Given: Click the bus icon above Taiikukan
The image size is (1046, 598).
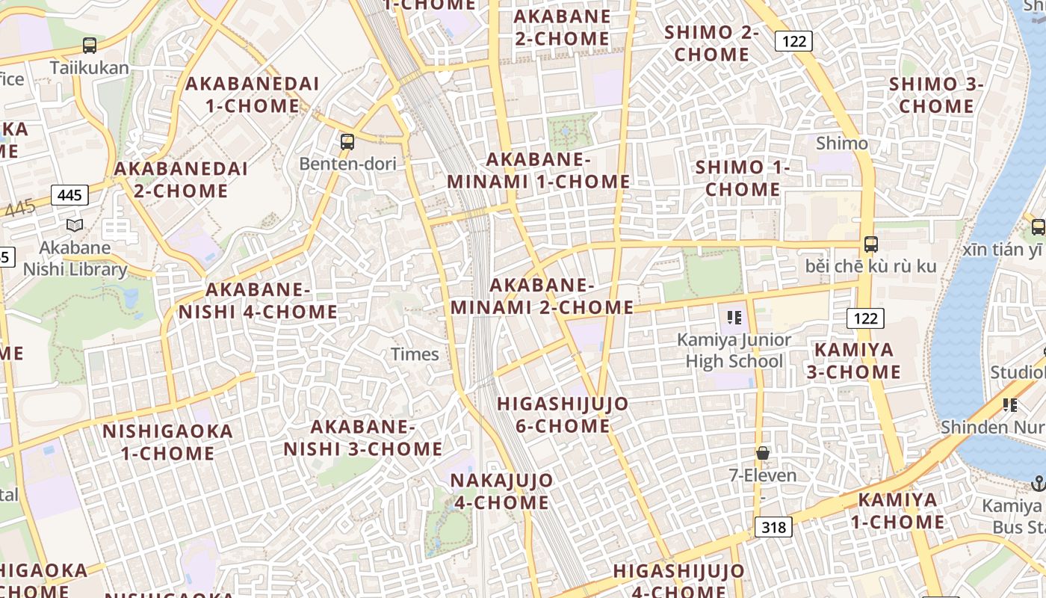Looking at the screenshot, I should coord(90,46).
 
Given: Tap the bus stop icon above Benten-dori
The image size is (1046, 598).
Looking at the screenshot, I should coord(347,141).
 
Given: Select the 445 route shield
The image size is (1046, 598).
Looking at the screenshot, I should coord(69,196).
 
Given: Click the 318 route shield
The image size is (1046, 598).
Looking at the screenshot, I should coord(773,528).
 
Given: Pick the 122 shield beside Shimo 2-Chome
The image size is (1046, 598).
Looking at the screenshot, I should coord(793,41).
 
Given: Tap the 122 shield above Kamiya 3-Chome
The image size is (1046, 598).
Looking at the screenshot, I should coord(865,318).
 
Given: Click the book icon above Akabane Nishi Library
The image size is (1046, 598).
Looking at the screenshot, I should coord(75,225).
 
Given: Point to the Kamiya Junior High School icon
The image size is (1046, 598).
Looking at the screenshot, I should coord(734,318).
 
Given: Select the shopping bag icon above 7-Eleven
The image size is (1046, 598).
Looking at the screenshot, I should coord(763,453).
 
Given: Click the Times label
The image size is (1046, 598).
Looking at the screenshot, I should coord(415,354).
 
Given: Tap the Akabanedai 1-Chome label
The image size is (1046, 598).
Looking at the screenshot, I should coord(253,95).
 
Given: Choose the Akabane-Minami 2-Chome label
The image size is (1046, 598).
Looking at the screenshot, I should coord(542,297).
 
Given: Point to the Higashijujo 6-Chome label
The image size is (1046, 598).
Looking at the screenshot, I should coord(563,415).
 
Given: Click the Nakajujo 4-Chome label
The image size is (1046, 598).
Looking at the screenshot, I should coord(502,491).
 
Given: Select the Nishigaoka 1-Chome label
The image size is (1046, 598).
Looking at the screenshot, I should coord(167,442).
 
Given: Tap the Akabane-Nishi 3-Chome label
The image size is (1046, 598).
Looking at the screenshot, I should coord(363,438).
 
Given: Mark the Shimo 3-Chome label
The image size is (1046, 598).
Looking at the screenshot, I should coord(936,95).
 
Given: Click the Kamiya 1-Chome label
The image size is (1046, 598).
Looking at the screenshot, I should coord(897,511).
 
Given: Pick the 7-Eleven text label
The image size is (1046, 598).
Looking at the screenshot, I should coord(763,475).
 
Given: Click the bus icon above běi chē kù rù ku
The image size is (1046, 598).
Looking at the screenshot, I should coord(870,244).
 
